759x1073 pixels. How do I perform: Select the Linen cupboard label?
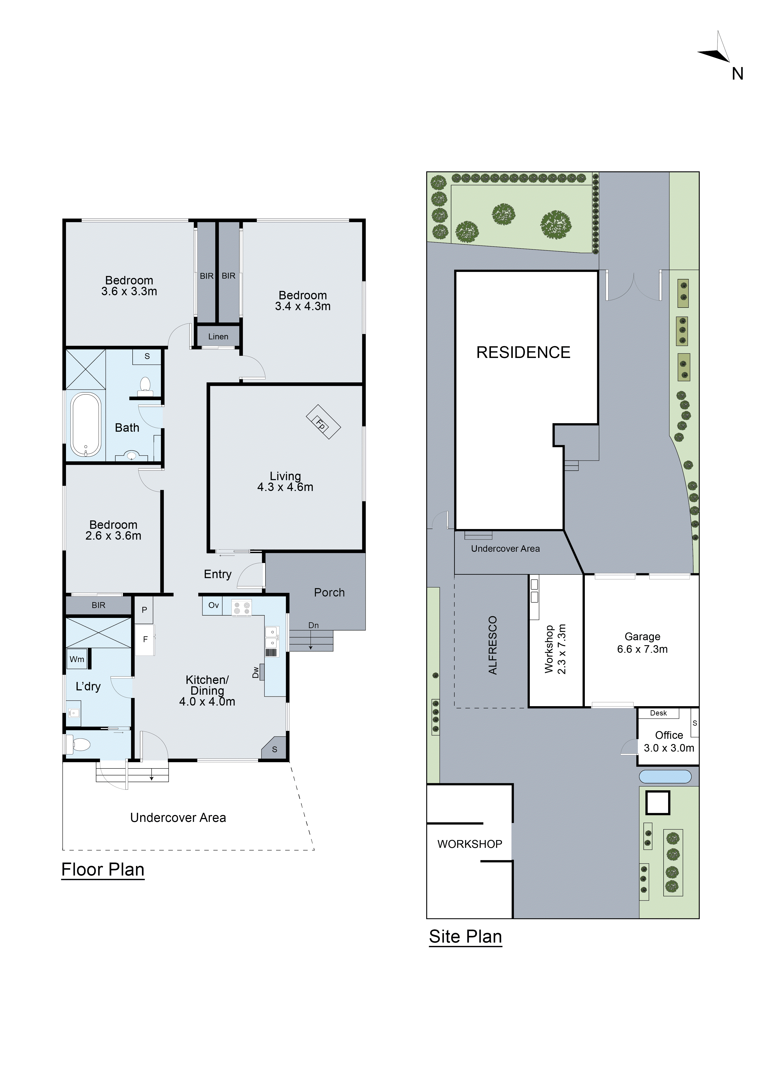pos(218,337)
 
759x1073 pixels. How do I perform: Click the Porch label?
pos(329,593)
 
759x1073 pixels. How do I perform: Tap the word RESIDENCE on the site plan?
pos(523,352)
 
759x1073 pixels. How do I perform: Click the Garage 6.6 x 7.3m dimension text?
pos(642,649)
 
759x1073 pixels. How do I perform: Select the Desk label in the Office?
pos(658,713)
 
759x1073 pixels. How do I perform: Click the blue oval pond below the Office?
pos(665,777)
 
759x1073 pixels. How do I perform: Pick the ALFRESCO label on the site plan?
pos(493,645)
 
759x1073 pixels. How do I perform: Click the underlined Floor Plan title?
pos(103,870)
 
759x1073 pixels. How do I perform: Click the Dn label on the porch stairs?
pos(313,625)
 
